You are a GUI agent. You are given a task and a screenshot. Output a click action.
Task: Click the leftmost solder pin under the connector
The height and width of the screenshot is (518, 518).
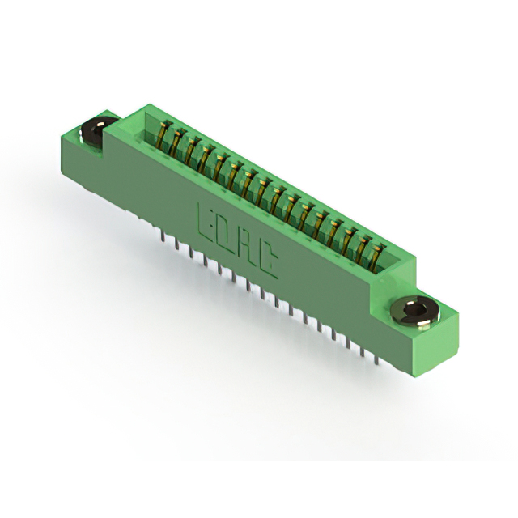pos(162,236)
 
